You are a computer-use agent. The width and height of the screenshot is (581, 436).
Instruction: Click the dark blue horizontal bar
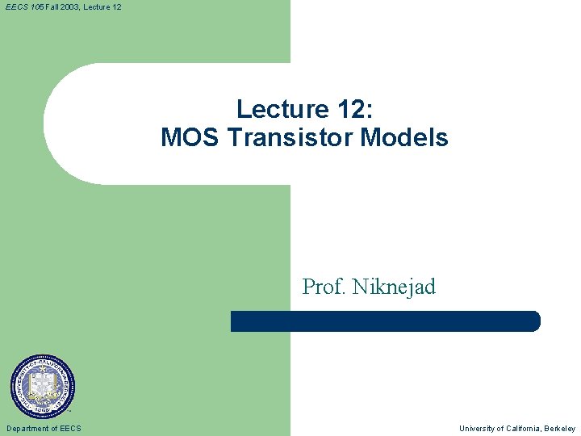pyautogui.click(x=385, y=321)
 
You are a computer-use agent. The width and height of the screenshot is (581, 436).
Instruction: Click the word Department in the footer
pyautogui.click(x=29, y=429)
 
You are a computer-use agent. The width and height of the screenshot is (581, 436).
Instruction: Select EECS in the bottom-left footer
pyautogui.click(x=71, y=429)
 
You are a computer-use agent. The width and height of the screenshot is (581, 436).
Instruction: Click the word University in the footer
pyautogui.click(x=479, y=429)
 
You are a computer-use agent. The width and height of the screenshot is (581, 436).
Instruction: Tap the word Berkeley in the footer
pyautogui.click(x=561, y=429)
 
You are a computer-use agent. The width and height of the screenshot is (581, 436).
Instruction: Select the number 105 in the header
pyautogui.click(x=36, y=6)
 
